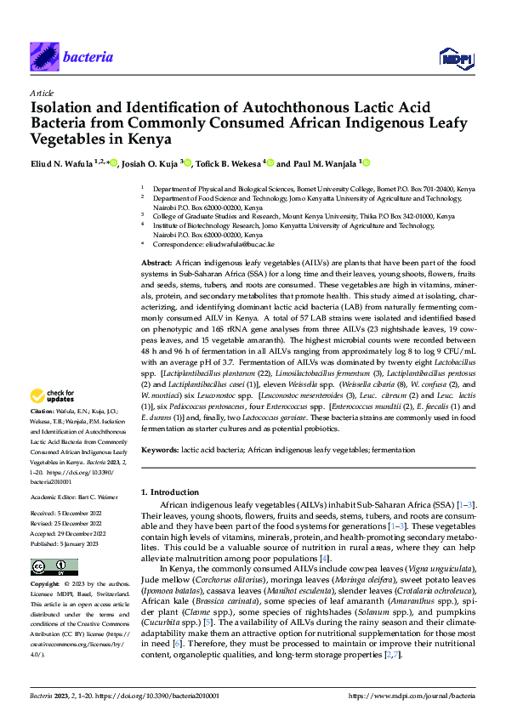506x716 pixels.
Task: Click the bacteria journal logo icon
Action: pos(43,57)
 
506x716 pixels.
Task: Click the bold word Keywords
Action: pos(160,448)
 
